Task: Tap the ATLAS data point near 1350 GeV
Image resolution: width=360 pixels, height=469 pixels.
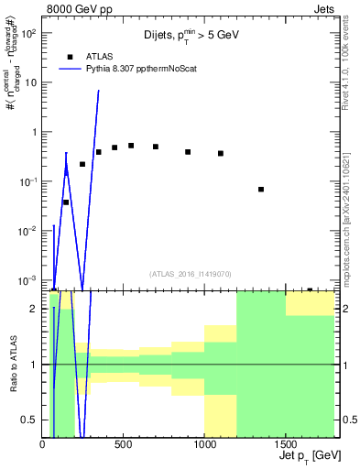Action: (x=261, y=190)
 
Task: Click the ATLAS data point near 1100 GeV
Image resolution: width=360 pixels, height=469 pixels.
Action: (x=221, y=153)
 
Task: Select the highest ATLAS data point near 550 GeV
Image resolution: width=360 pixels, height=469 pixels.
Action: (x=131, y=146)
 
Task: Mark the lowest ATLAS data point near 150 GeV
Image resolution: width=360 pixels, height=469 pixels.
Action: (x=66, y=202)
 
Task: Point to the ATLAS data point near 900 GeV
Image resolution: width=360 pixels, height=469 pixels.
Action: (x=188, y=152)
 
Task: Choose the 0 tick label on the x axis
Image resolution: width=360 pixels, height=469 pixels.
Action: (x=43, y=445)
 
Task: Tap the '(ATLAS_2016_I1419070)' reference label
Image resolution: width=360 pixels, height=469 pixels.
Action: (x=190, y=273)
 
